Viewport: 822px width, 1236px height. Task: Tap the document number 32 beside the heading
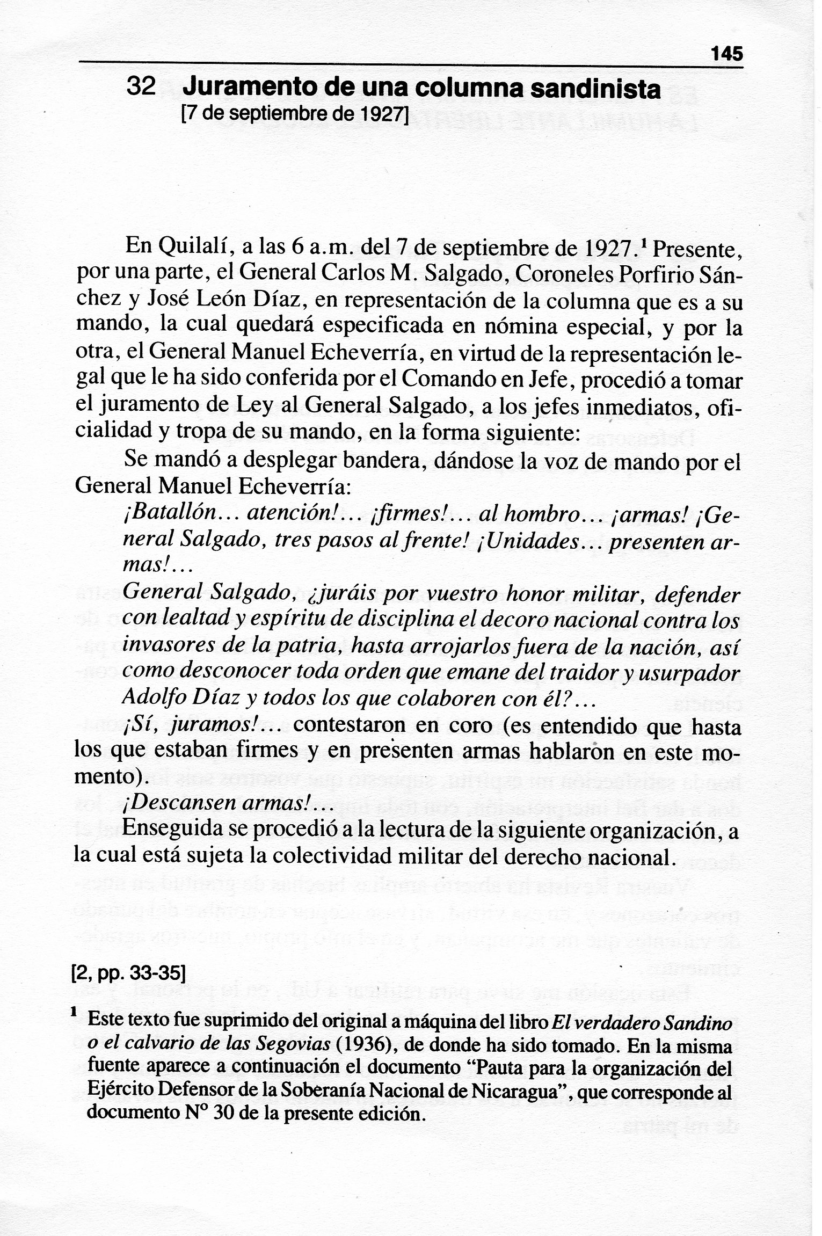point(141,86)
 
